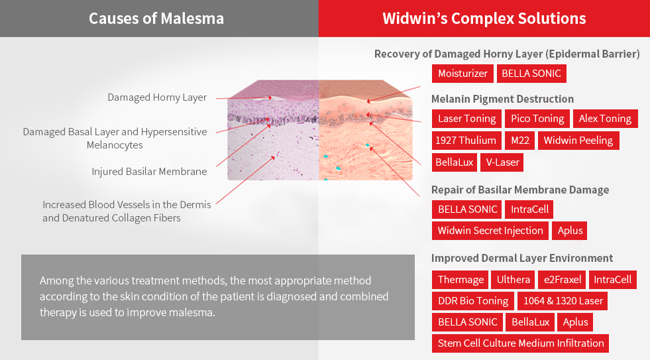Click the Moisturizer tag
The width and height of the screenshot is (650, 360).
coord(462,74)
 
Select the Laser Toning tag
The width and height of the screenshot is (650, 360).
coord(466,119)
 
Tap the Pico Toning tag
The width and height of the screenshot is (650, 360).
coord(537,119)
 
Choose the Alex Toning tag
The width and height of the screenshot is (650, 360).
coord(605,119)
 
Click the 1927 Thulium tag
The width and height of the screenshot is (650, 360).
coord(466,141)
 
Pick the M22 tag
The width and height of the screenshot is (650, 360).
coord(520,141)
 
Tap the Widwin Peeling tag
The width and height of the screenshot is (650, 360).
coord(578,141)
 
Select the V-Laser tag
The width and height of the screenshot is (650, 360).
coord(502,162)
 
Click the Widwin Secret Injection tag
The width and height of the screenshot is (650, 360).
coord(490,231)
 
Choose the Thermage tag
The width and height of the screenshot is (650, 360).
coord(460,280)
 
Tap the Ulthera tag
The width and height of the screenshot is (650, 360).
coord(514,280)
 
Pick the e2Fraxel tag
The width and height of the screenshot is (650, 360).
coord(562,280)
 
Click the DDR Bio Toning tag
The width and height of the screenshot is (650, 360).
coord(473,301)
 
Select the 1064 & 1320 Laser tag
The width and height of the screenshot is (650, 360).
coord(563,301)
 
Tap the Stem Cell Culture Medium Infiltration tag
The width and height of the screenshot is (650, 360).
coord(520,343)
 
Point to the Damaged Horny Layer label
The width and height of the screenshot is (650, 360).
coord(157,97)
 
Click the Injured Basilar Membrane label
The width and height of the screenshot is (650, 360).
coord(149,172)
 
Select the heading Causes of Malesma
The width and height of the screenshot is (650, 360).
coord(156,19)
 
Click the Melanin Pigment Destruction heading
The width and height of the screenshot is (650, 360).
coord(502,99)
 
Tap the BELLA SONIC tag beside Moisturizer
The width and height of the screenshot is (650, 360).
coord(531,74)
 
